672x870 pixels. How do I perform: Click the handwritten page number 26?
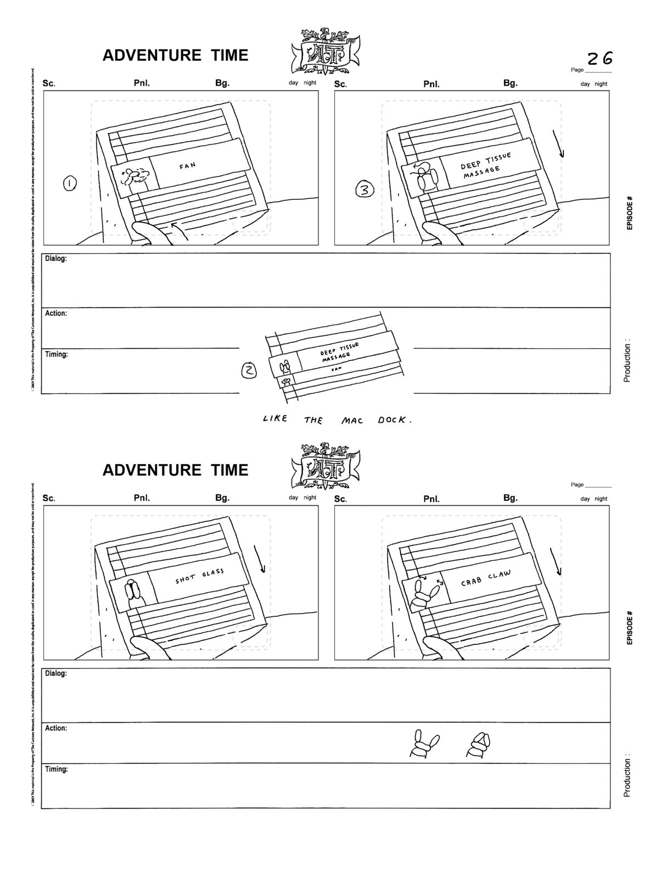tap(600, 58)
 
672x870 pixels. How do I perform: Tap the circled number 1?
tap(70, 184)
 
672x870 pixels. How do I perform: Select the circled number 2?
tap(250, 372)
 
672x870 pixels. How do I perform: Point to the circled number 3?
tap(365, 190)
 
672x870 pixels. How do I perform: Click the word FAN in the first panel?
tap(187, 165)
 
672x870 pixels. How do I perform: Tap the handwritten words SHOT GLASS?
tap(200, 577)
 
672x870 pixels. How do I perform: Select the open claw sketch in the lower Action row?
tap(424, 745)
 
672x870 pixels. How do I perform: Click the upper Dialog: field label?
tap(56, 258)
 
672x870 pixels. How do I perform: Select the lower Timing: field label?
tap(57, 769)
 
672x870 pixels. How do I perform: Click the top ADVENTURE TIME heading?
tap(175, 55)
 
